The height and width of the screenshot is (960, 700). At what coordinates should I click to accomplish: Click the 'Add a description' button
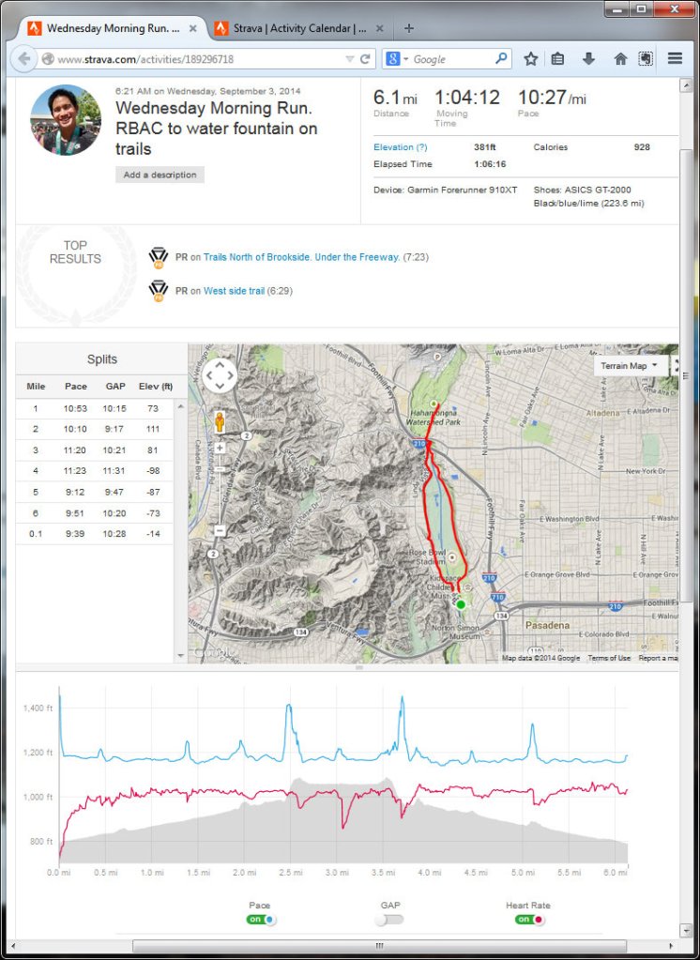click(160, 175)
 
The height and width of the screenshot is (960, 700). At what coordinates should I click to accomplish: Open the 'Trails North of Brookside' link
click(301, 256)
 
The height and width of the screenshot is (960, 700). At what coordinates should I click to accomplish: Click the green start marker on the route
click(460, 603)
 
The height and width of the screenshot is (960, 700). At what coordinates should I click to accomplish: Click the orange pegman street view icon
click(220, 421)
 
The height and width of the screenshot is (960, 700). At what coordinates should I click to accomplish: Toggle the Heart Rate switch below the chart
click(530, 920)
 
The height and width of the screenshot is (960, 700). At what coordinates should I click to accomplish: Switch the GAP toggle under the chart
click(388, 920)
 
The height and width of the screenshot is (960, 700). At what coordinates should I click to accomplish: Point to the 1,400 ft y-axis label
click(38, 709)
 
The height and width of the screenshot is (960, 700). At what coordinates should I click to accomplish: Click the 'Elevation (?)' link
click(400, 147)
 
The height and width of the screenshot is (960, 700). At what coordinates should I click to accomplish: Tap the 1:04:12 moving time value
click(466, 98)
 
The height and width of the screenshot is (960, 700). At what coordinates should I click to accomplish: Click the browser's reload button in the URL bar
click(365, 58)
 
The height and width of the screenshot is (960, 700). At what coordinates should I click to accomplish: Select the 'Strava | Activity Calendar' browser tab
click(291, 28)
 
